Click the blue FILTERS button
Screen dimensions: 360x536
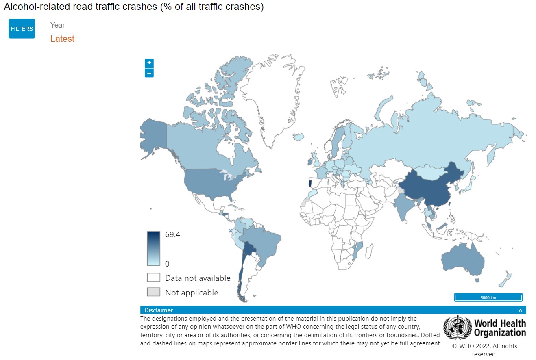[22, 29]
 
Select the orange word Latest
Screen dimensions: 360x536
[62, 39]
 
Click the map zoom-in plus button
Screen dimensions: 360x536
[149, 63]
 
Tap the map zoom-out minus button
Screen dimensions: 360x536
[149, 73]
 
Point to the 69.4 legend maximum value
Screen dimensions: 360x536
[172, 235]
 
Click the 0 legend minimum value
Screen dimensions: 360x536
[167, 264]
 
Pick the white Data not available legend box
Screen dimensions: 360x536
[153, 278]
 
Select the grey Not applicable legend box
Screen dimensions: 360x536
[153, 293]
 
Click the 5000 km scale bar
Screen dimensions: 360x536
[488, 297]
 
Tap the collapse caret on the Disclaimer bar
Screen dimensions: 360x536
[520, 310]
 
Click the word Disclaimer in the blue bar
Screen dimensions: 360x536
[159, 310]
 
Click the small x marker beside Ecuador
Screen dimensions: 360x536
[231, 231]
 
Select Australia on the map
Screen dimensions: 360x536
[462, 260]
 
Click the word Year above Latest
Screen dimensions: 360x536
[58, 25]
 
